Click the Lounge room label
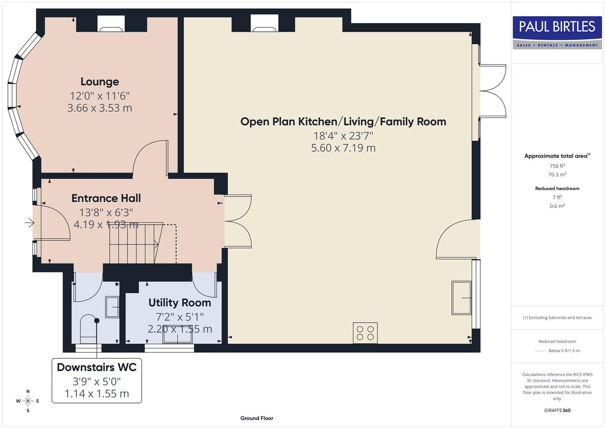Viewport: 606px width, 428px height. pyautogui.click(x=100, y=82)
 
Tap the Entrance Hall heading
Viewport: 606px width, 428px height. pyautogui.click(x=106, y=198)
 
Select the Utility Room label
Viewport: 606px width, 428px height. pyautogui.click(x=179, y=303)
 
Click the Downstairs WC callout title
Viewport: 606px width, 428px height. pyautogui.click(x=96, y=367)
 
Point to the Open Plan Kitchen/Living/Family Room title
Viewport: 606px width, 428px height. pyautogui.click(x=343, y=122)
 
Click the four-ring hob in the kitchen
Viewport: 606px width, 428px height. pyautogui.click(x=365, y=333)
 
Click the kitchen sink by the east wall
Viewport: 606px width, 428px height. pyautogui.click(x=461, y=298)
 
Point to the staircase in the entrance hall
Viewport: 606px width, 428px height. pyautogui.click(x=135, y=243)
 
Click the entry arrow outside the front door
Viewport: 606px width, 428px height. pyautogui.click(x=29, y=223)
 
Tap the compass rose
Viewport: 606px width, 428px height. pyautogui.click(x=28, y=401)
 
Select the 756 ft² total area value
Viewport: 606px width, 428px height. pyautogui.click(x=557, y=166)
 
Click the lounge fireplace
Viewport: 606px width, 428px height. pyautogui.click(x=111, y=25)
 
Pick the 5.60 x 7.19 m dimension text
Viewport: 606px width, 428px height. pyautogui.click(x=343, y=148)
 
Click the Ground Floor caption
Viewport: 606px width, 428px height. pyautogui.click(x=256, y=418)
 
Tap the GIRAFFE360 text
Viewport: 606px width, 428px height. pyautogui.click(x=557, y=410)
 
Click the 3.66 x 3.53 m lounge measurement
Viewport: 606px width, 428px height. pyautogui.click(x=100, y=108)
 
